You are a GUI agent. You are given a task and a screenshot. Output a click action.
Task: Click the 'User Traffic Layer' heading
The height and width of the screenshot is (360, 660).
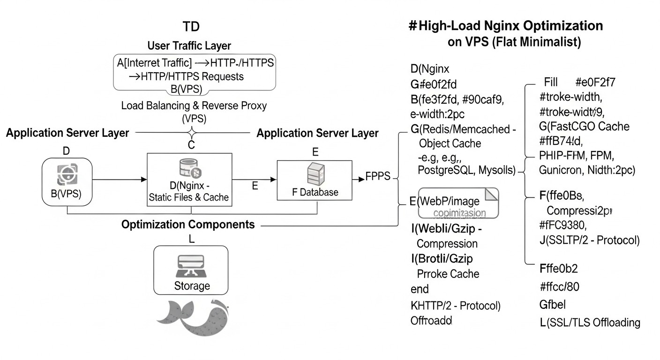point(189,46)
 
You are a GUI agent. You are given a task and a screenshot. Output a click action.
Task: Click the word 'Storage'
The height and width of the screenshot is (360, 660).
point(192,285)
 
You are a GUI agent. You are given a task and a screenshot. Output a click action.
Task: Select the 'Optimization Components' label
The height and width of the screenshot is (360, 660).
point(188,225)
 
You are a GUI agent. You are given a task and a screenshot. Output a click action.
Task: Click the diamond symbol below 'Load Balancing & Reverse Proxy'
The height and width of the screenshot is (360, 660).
point(191,132)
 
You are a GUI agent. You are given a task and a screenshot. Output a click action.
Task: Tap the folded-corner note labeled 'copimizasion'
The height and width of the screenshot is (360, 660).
point(458,203)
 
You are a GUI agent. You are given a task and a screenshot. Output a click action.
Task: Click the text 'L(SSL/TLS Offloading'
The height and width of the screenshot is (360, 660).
point(590,322)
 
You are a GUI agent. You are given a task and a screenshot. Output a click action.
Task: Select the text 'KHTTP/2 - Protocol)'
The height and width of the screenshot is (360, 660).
point(455,306)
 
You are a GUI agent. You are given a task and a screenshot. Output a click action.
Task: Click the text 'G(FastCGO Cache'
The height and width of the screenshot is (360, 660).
point(584,126)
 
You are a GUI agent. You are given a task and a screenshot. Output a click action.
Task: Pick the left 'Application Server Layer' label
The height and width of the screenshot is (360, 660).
point(67,133)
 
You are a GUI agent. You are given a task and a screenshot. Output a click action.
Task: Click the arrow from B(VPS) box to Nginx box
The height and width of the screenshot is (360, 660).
point(117,179)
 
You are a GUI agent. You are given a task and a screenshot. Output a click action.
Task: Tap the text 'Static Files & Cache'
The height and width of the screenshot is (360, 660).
point(188,197)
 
